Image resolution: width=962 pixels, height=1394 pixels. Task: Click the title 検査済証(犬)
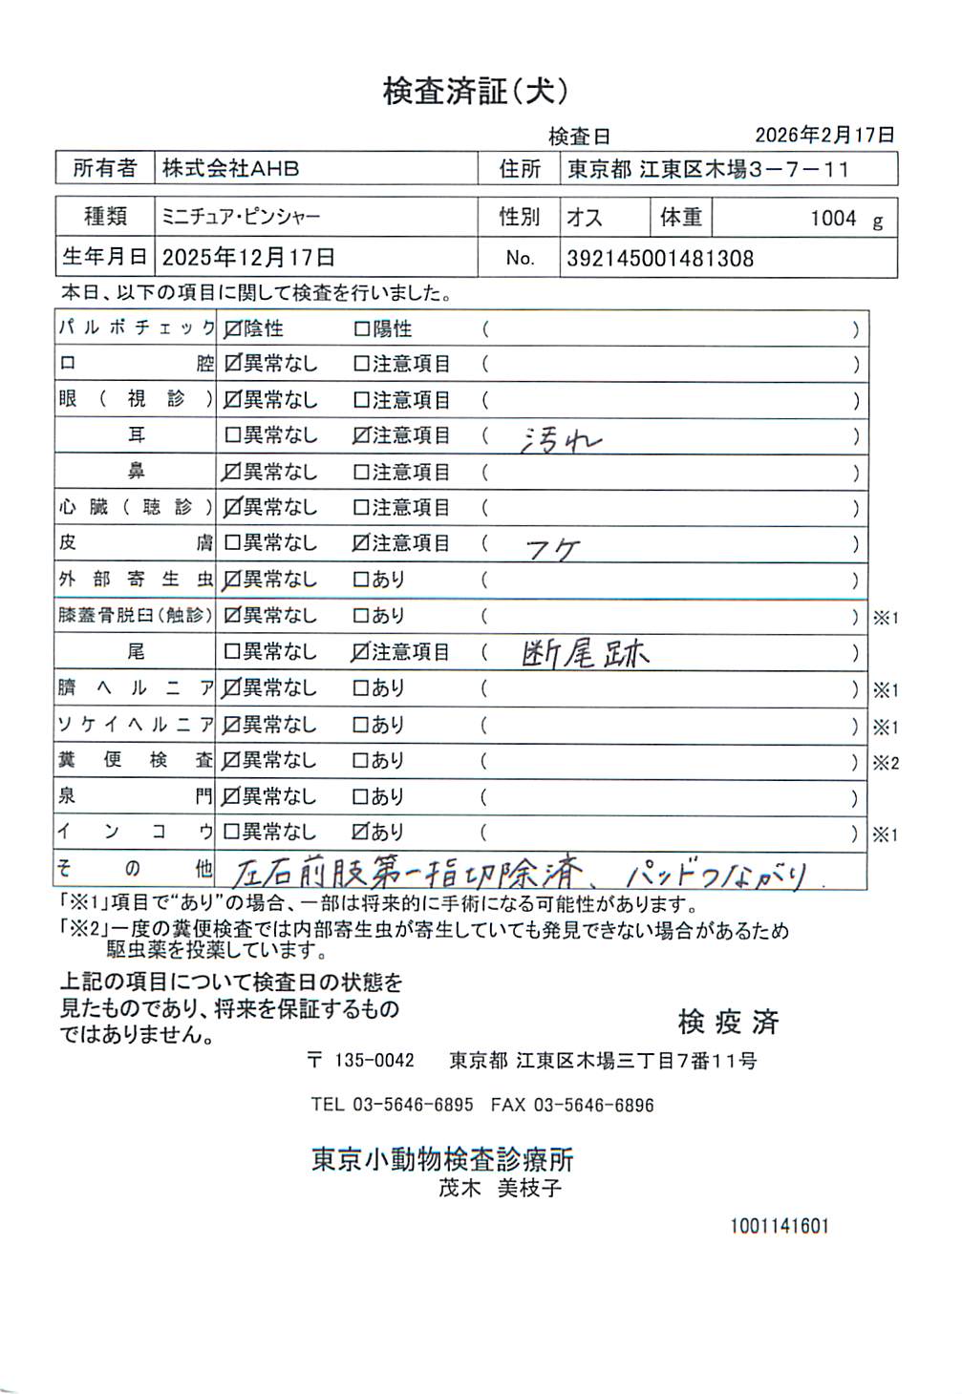[476, 92]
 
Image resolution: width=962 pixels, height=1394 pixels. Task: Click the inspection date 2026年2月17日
[824, 136]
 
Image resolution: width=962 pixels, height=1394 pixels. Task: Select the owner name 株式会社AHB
[230, 169]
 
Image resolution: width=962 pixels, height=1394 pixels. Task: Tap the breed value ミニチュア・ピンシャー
[241, 218]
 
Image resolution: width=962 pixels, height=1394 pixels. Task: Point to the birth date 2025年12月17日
[248, 258]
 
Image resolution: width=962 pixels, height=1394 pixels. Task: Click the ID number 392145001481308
[660, 259]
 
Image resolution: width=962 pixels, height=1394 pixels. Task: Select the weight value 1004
[833, 219]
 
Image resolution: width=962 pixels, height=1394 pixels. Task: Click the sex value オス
[585, 218]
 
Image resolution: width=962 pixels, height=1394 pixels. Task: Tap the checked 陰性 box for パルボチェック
[232, 329]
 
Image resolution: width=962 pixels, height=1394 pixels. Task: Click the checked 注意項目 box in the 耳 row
[361, 436]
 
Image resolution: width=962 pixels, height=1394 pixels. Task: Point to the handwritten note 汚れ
[561, 439]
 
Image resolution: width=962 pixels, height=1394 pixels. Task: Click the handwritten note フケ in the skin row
[553, 548]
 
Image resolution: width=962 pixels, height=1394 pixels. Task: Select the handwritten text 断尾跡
[586, 654]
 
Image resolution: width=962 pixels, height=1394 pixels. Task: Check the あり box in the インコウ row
[361, 833]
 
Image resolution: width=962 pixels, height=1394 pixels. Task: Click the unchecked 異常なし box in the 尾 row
[232, 653]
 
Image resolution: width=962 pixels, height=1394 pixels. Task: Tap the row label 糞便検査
[135, 761]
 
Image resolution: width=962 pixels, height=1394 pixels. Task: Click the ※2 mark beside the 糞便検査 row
[886, 763]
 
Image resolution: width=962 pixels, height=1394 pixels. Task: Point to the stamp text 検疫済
[728, 1023]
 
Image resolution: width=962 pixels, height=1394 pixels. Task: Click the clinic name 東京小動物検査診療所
[442, 1160]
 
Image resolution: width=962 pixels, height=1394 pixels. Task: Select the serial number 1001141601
[780, 1226]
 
